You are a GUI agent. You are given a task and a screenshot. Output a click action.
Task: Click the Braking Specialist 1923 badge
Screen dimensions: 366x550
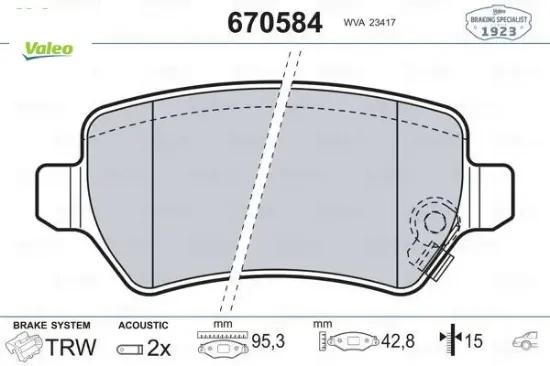coord(496,23)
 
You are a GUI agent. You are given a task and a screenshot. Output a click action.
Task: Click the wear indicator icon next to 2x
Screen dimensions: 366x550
coord(130,347)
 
